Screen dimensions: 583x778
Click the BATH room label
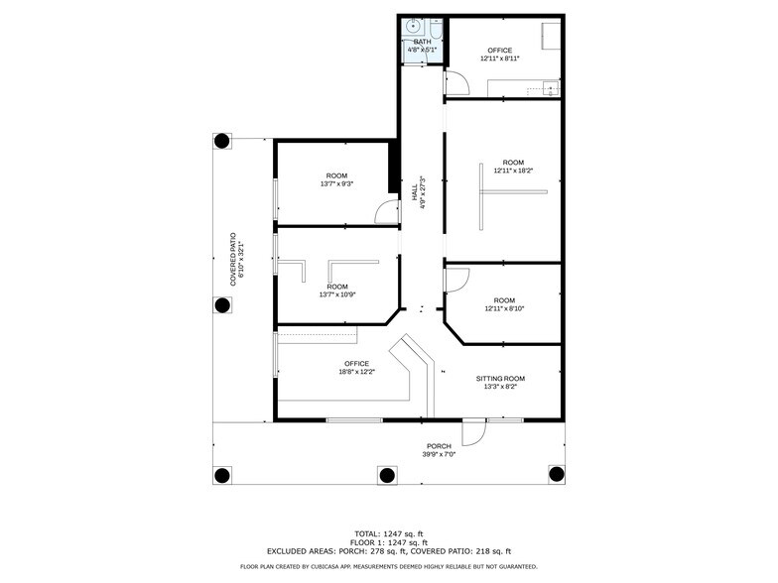[x=423, y=41]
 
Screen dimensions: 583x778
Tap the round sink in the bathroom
[x=413, y=27]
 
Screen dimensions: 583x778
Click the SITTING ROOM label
[x=500, y=378]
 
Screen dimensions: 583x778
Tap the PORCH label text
[x=439, y=445]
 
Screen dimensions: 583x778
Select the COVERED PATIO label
[x=234, y=258]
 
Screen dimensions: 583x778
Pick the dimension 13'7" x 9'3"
[x=336, y=183]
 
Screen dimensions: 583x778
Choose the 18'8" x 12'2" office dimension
[x=356, y=372]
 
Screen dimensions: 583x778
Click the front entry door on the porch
[x=474, y=431]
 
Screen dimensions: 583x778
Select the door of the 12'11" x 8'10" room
[x=453, y=280]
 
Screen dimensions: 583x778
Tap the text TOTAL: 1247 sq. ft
[x=388, y=532]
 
